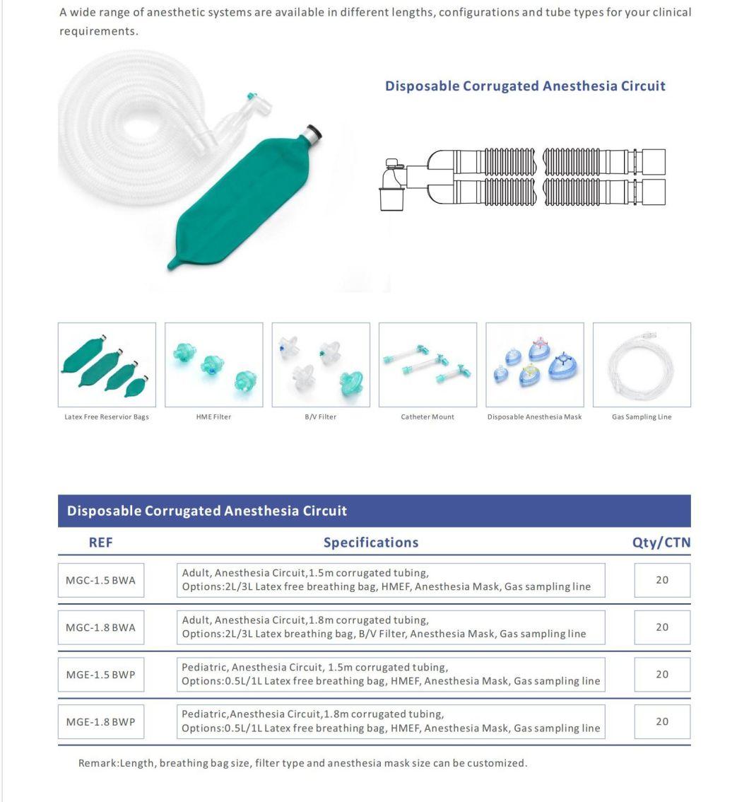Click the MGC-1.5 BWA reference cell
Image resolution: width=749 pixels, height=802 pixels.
[x=100, y=581]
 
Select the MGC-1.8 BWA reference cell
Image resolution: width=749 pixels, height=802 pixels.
[x=100, y=627]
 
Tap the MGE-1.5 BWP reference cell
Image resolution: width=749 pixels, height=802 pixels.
[x=100, y=675]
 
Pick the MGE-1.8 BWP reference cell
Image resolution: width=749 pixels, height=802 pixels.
[x=100, y=722]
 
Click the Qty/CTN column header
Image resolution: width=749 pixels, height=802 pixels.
[x=661, y=542]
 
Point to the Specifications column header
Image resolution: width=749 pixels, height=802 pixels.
[x=370, y=542]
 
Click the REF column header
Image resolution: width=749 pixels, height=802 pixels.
[x=100, y=542]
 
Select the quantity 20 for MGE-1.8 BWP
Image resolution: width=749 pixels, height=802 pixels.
[x=661, y=722]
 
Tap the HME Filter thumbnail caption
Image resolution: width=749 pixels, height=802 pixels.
[x=213, y=417]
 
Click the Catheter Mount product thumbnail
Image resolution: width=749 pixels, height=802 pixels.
[x=427, y=365]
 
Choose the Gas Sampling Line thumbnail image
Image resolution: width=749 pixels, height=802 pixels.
[x=642, y=365]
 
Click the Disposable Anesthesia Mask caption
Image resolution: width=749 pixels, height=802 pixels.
[x=534, y=417]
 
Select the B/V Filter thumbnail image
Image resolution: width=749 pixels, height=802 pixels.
[x=321, y=365]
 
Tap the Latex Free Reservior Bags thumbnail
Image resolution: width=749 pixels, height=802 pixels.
[x=107, y=365]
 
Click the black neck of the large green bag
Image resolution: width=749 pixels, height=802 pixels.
[x=313, y=133]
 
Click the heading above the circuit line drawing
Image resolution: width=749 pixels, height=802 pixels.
[x=525, y=86]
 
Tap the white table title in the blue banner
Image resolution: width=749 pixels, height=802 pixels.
[x=207, y=511]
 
